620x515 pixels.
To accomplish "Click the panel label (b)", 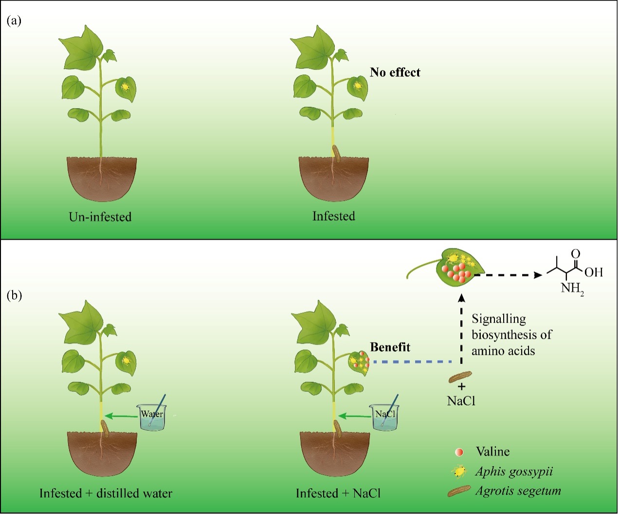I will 14,295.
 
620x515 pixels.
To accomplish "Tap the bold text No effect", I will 395,73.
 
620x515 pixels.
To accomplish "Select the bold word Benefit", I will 390,347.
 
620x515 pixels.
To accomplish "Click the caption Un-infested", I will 100,216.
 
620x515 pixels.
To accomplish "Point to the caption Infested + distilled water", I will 106,494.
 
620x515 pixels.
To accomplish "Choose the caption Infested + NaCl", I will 338,494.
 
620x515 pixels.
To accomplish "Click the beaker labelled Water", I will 152,417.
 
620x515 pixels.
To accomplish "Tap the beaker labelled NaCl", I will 384,417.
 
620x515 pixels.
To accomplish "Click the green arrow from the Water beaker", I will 121,416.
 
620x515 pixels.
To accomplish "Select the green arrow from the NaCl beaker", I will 354,416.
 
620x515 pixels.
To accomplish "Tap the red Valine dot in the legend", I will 458,452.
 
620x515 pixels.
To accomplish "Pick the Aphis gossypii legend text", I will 514,472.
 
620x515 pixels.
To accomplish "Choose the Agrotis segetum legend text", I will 518,491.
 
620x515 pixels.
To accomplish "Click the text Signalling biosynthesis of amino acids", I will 511,335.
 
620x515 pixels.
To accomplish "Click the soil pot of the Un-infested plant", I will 102,178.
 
